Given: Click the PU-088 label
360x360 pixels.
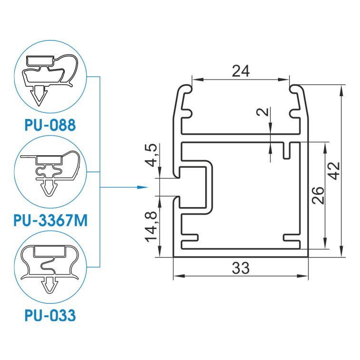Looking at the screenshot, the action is pyautogui.click(x=50, y=125).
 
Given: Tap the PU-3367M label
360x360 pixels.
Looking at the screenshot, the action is pyautogui.click(x=50, y=220).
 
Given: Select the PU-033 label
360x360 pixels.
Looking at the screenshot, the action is pyautogui.click(x=50, y=315).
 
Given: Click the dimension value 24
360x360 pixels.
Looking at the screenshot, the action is pyautogui.click(x=240, y=71).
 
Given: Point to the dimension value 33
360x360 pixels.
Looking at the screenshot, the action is pyautogui.click(x=240, y=268).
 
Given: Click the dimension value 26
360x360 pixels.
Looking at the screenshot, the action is pyautogui.click(x=318, y=196).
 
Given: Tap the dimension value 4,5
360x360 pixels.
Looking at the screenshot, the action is pyautogui.click(x=151, y=155).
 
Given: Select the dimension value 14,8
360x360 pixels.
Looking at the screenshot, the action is pyautogui.click(x=151, y=227).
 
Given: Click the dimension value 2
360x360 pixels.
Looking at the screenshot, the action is pyautogui.click(x=263, y=112).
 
